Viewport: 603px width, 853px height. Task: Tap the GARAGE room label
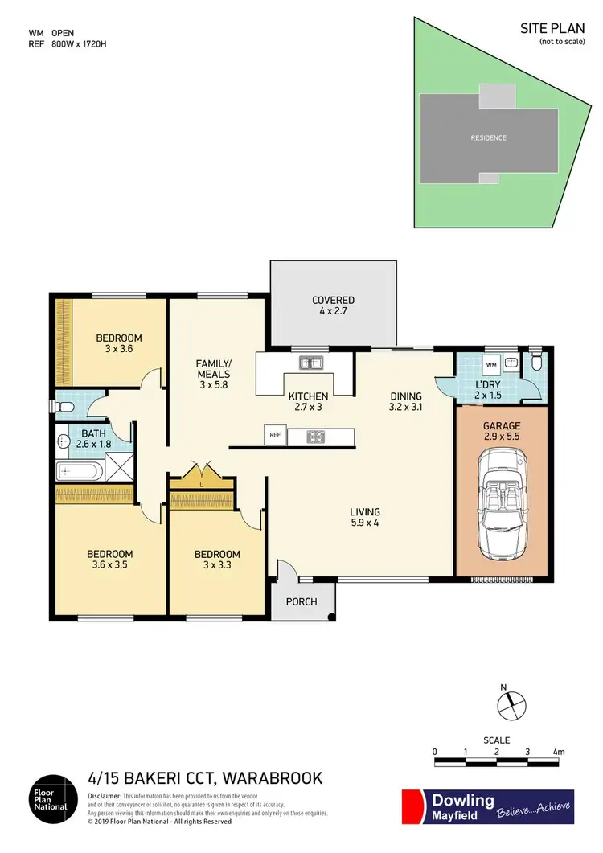[503, 432]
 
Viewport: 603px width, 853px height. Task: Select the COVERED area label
[333, 306]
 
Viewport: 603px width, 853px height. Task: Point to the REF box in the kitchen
[274, 437]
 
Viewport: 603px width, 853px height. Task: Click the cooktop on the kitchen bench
[315, 437]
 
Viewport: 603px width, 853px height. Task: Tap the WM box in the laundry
[491, 364]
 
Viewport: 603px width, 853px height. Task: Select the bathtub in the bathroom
[81, 472]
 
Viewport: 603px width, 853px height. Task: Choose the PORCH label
[301, 601]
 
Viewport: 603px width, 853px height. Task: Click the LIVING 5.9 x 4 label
[364, 518]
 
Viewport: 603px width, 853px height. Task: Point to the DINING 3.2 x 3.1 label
[405, 402]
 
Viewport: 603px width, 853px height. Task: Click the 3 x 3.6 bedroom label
[119, 343]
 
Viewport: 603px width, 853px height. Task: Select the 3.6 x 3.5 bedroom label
[109, 560]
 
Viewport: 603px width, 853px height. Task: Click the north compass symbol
[508, 705]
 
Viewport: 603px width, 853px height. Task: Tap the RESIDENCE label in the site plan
[488, 137]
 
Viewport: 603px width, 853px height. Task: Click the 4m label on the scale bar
[560, 752]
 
